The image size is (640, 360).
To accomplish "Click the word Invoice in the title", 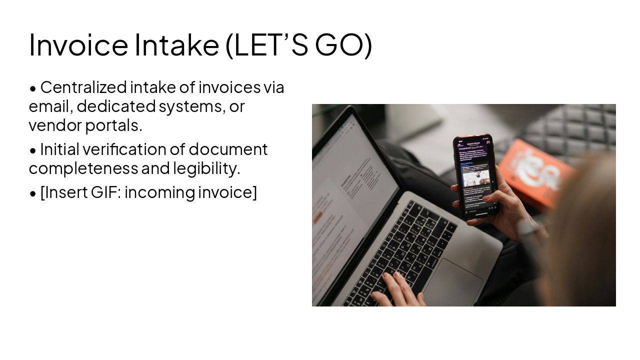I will (x=78, y=45).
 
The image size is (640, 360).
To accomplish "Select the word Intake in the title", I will (x=176, y=45).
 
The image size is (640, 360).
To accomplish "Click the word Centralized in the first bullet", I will (x=83, y=87).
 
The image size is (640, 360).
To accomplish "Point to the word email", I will (x=50, y=106).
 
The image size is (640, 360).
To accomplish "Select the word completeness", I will (x=83, y=168).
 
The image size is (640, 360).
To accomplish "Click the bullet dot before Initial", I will (x=33, y=150).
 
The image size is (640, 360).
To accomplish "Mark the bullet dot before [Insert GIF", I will (x=33, y=193).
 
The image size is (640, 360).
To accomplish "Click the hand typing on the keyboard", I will (x=397, y=290).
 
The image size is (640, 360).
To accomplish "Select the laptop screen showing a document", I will (x=350, y=200).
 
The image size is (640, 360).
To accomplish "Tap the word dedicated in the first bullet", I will (x=116, y=106).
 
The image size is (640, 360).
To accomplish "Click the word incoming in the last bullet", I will (x=159, y=192).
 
